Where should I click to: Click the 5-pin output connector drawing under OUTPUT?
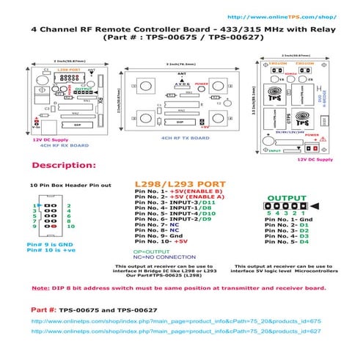pyautogui.click(x=287, y=206)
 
